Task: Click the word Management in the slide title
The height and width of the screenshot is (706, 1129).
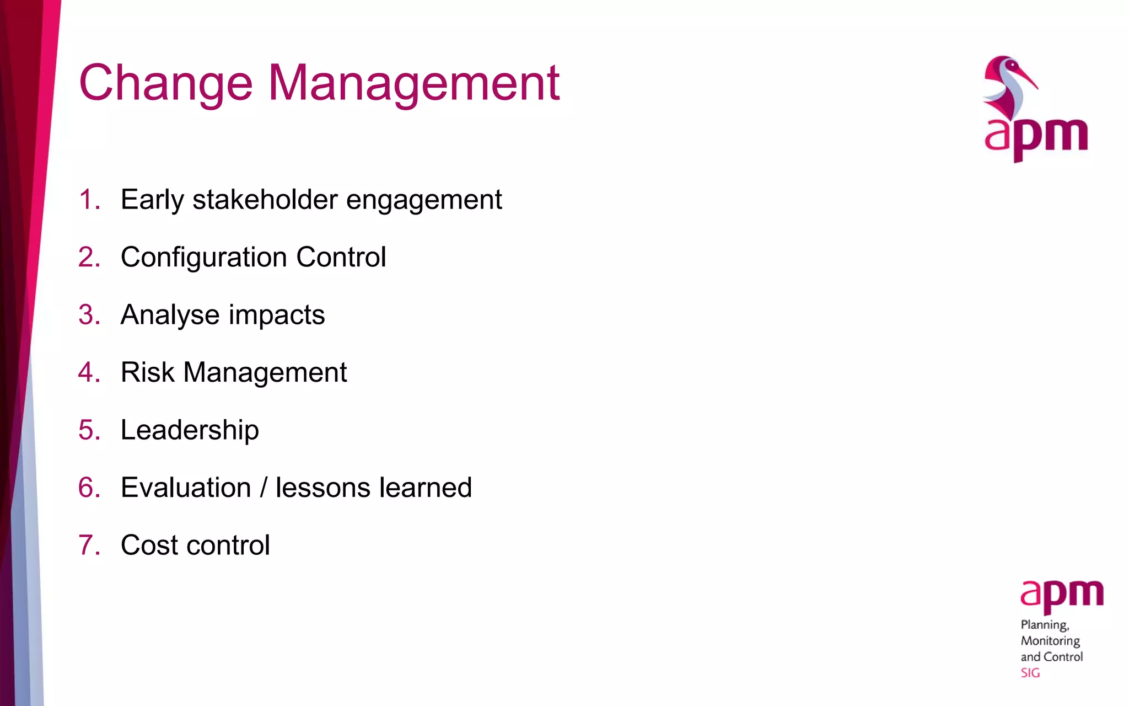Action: (x=413, y=84)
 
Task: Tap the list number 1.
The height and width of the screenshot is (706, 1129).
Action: (x=88, y=199)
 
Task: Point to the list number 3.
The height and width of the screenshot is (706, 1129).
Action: (x=89, y=315)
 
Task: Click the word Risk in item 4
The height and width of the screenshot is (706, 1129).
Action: (x=147, y=372)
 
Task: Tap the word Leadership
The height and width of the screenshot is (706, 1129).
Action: (x=190, y=430)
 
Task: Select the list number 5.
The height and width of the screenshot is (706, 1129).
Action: (x=89, y=430)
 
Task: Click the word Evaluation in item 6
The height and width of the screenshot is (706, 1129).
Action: (x=186, y=488)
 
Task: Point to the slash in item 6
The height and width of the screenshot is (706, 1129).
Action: (x=264, y=488)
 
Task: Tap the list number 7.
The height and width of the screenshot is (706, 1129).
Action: (x=89, y=545)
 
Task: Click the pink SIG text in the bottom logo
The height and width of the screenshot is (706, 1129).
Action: (x=1030, y=673)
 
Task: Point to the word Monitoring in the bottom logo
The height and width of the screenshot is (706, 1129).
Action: (x=1050, y=641)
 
